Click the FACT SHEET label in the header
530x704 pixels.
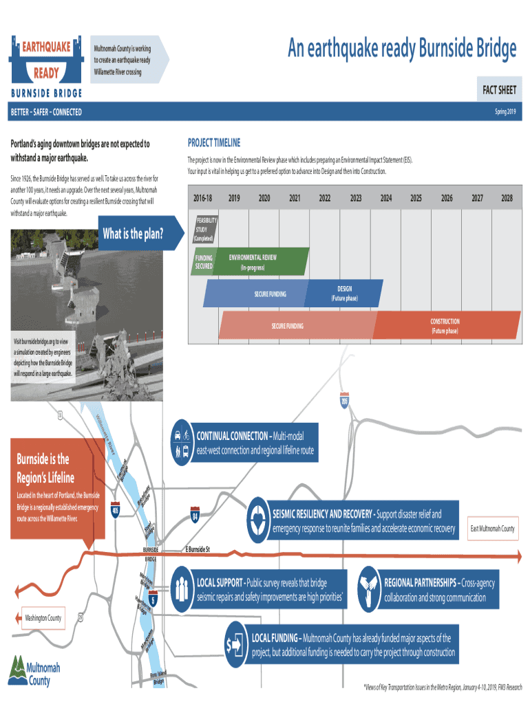click(x=499, y=91)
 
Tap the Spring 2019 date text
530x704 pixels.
click(x=509, y=112)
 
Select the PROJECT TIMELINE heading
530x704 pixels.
click(x=214, y=143)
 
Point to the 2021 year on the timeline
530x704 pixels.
click(x=294, y=198)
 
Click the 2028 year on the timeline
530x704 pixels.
click(x=507, y=198)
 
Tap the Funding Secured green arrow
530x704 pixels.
click(x=204, y=262)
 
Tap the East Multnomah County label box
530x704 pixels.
click(x=492, y=529)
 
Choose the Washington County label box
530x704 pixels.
click(x=43, y=618)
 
